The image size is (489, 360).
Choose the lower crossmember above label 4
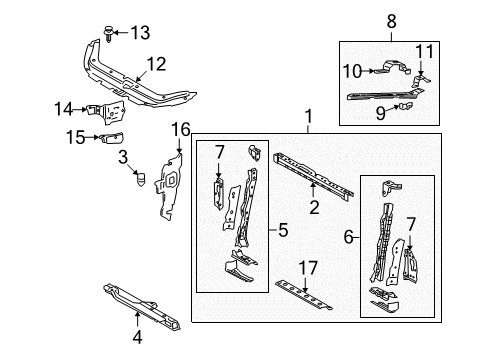139,306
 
